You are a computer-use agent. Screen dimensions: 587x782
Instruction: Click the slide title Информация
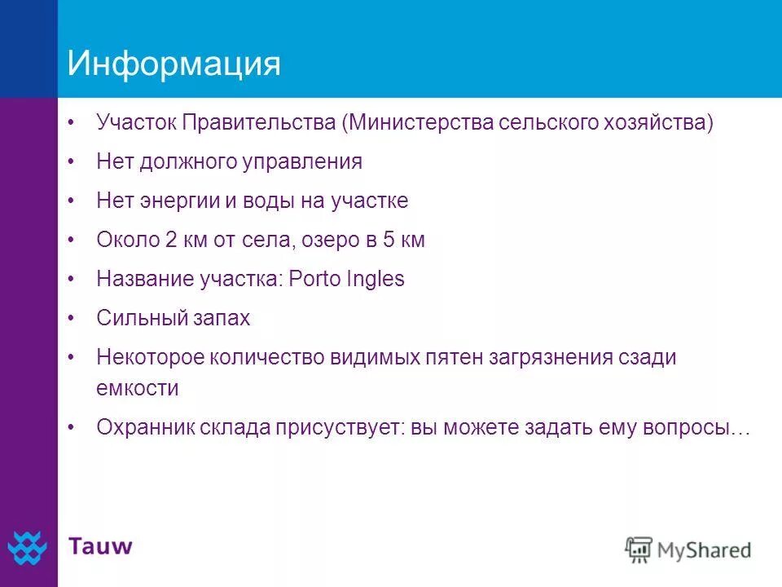[x=174, y=64]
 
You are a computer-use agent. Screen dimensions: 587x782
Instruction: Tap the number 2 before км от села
[x=170, y=241]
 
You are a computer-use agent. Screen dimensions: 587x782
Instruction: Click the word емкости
[x=137, y=388]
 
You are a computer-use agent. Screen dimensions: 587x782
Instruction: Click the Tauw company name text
[x=100, y=545]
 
